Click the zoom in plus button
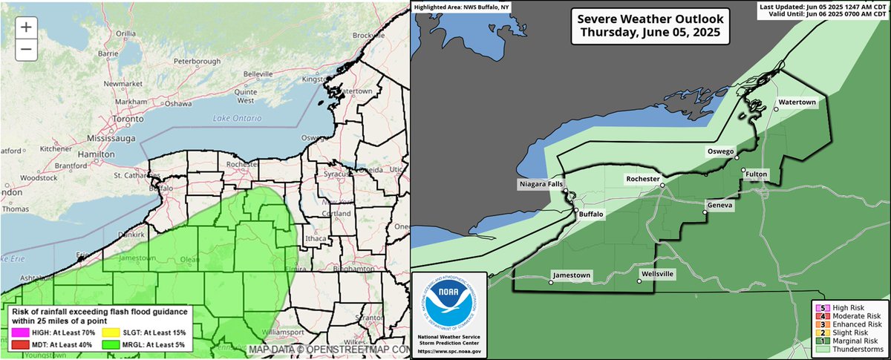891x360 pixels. [x=25, y=27]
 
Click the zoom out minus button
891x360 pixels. [x=25, y=49]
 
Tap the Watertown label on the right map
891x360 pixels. [x=797, y=102]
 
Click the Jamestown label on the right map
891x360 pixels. [x=571, y=275]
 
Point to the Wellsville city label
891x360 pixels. [x=657, y=274]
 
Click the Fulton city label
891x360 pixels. [x=757, y=174]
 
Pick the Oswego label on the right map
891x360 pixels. [x=719, y=151]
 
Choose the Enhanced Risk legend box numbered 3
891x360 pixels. [x=820, y=324]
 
